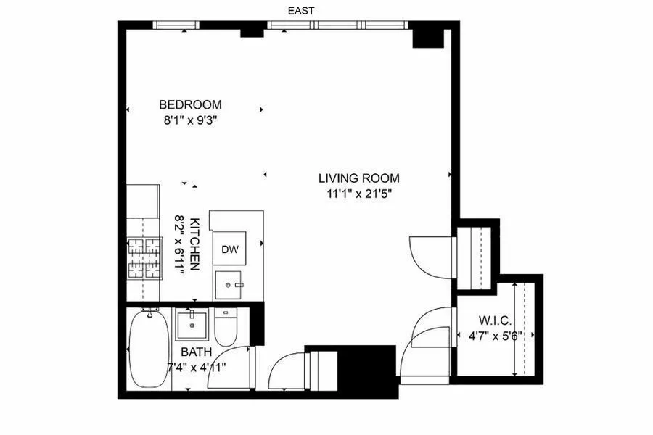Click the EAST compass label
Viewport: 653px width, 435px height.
300,10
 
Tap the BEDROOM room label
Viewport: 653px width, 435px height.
191,104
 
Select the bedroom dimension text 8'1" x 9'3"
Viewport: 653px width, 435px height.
191,120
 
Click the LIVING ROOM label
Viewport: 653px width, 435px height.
358,178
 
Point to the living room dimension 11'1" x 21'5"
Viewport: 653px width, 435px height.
358,193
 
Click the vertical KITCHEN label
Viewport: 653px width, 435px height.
194,244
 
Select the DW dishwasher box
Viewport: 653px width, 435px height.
230,250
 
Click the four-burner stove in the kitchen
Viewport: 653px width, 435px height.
144,259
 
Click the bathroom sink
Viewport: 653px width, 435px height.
192,324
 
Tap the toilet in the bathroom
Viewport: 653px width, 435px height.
225,328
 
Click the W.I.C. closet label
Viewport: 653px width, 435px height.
496,320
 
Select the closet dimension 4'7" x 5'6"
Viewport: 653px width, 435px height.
496,336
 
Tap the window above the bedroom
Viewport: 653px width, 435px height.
175,25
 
